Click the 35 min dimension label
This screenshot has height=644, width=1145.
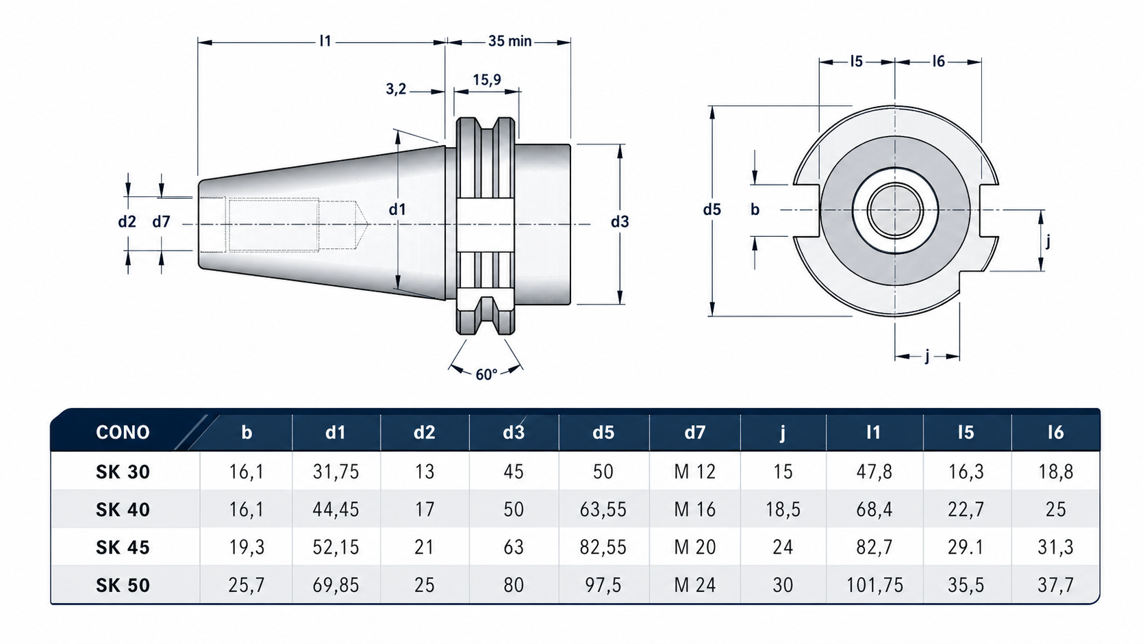click(509, 41)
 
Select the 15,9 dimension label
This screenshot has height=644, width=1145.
click(487, 79)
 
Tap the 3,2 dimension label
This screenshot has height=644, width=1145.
click(396, 90)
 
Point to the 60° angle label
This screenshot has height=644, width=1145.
click(486, 374)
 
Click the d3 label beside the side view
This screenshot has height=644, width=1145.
click(620, 222)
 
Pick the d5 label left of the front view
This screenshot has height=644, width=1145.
click(712, 209)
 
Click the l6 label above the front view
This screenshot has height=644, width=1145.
click(938, 62)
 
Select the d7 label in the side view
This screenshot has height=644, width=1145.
click(161, 222)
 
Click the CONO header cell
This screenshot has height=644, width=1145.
click(123, 433)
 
